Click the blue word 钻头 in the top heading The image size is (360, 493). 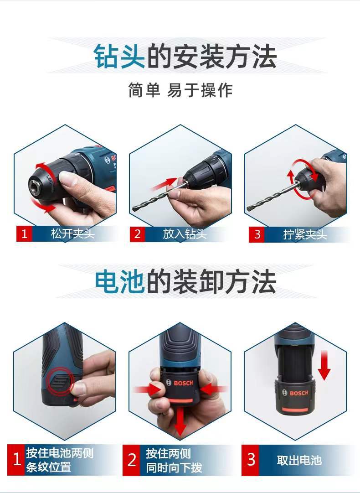119,57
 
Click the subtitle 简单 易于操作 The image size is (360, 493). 180,90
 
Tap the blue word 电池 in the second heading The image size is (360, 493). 120,281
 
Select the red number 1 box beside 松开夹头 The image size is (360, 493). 25,234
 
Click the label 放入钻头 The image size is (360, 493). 185,234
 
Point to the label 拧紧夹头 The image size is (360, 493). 304,234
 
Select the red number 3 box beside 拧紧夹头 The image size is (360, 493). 257,234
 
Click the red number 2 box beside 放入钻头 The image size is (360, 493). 137,234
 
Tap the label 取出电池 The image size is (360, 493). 299,460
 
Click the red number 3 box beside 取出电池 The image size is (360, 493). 251,460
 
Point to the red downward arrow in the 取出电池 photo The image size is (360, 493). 324,365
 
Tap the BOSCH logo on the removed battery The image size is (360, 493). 298,393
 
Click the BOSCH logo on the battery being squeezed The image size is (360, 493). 183,383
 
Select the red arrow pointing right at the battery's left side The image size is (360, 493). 145,389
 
